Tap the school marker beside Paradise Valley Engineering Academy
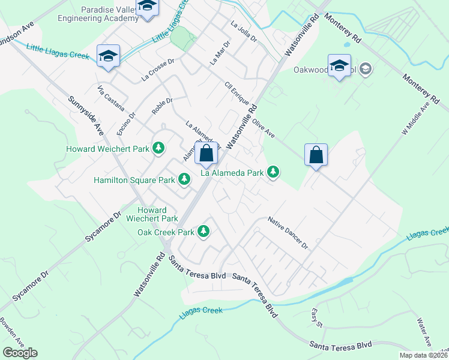point(146,8)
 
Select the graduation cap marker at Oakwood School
point(339,65)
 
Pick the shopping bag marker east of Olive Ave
point(316,155)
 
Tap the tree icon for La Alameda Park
point(273,173)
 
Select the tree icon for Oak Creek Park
point(204,231)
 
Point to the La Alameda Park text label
point(232,173)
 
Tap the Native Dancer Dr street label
point(288,233)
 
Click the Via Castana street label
point(111,98)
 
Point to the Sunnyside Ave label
point(85,116)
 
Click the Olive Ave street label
point(263,128)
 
